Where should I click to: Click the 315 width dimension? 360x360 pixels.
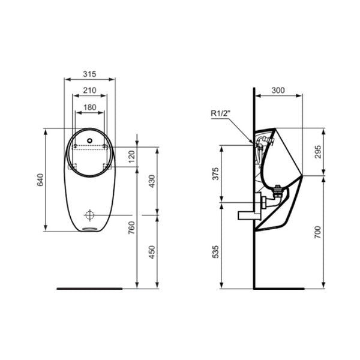coord(89,74)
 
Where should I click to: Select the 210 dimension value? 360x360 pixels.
coord(89,90)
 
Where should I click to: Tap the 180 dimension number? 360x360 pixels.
coord(90,107)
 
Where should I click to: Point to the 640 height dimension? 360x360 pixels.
coord(40,180)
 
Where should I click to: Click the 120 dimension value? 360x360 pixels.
coord(132,157)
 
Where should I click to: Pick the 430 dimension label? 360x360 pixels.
coord(152,181)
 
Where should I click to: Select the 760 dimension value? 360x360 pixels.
coord(131,227)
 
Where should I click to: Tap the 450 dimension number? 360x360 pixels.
coord(152,252)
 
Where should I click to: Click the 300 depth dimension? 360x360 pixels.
coord(278,90)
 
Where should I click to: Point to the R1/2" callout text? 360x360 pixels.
coord(220,113)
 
